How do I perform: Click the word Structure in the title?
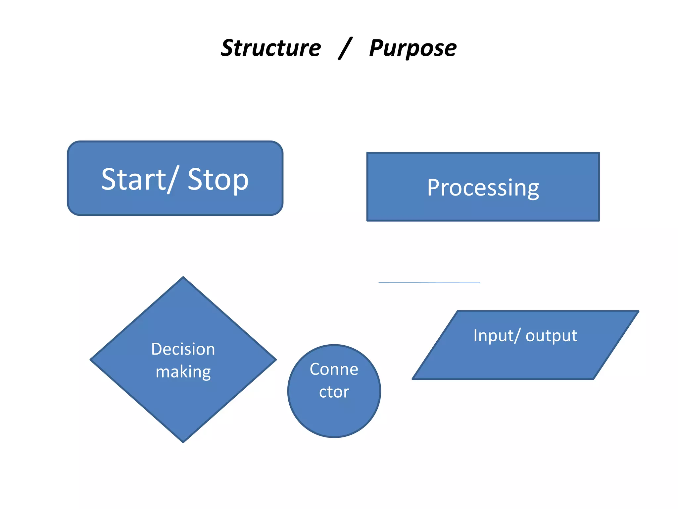point(271,48)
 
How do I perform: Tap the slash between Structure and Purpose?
point(345,48)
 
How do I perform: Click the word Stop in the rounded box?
point(218,180)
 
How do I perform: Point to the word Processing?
point(483,188)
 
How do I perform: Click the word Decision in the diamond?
point(183,349)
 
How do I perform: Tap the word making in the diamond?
point(183,372)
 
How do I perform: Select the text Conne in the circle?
point(334,369)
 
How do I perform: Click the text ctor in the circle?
point(334,392)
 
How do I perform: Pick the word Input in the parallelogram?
point(493,335)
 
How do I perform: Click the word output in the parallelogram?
point(551,336)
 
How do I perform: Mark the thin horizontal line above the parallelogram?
point(429,283)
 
